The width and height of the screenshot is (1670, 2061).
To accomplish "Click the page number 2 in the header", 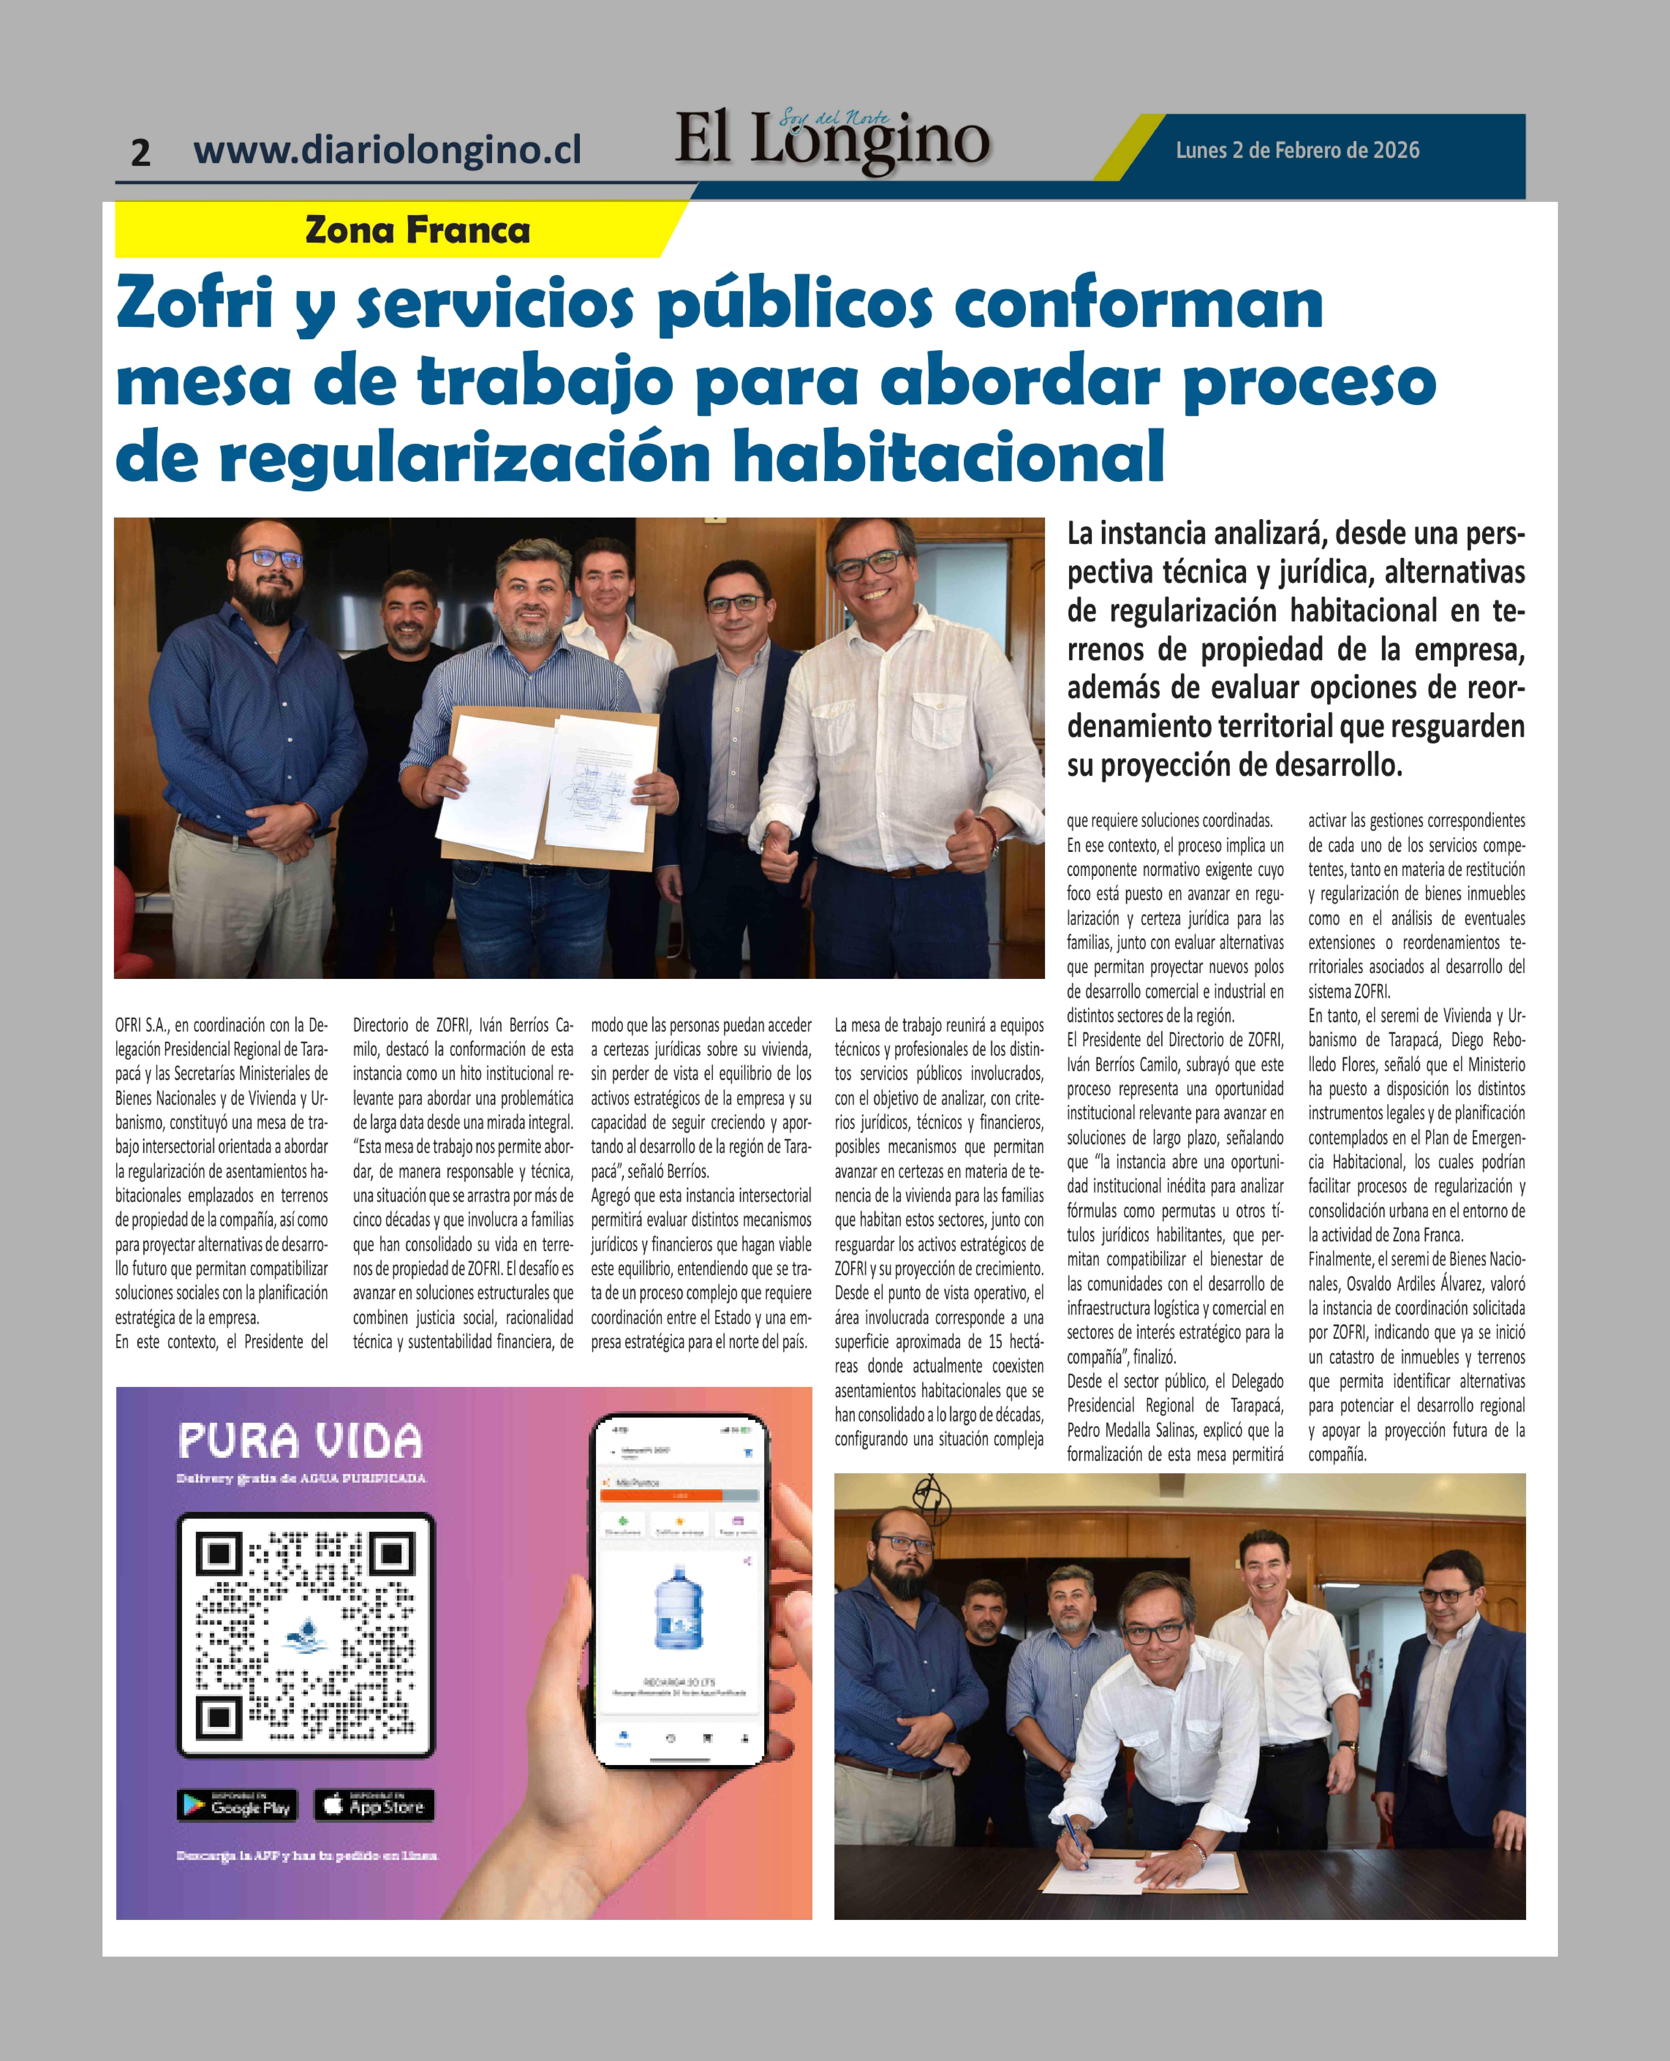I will pos(140,152).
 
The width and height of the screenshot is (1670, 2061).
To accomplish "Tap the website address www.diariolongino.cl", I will pos(387,150).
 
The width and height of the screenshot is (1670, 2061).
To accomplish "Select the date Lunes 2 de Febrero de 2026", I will pos(1297,150).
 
